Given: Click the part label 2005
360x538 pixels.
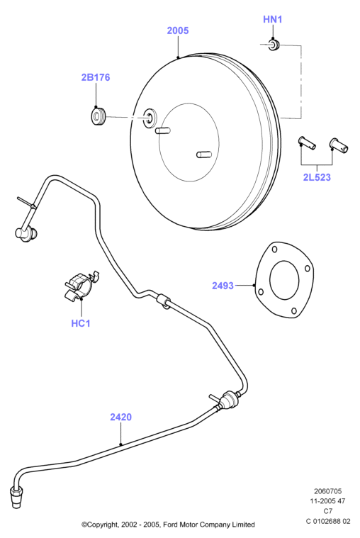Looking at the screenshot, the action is tap(178, 30).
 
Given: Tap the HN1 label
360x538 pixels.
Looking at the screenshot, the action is tap(273, 20).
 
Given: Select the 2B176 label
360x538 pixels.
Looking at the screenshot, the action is tap(96, 77).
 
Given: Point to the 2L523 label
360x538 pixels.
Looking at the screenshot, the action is tap(317, 177).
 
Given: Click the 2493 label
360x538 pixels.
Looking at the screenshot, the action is tap(223, 286).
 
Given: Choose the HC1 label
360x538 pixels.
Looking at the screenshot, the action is tap(81, 323).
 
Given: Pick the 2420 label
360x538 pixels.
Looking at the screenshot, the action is tap(120, 417).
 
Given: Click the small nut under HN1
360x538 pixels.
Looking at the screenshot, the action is tap(274, 45).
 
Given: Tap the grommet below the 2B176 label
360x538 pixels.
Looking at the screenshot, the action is tap(98, 116).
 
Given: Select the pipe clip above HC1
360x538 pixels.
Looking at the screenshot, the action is tap(81, 285).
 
